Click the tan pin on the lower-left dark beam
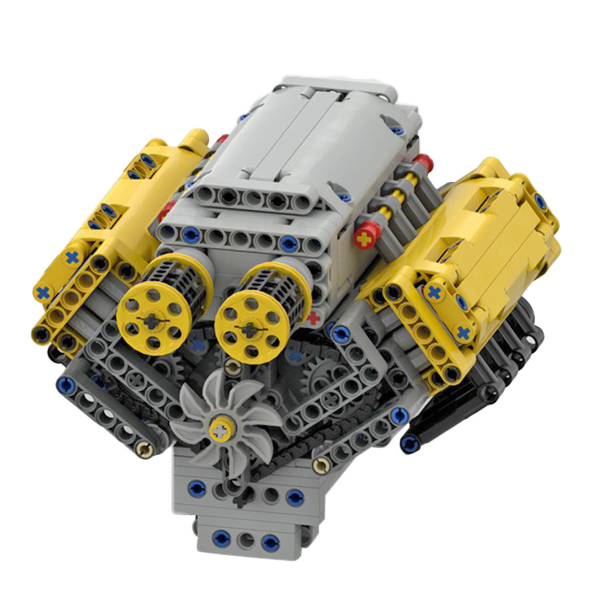point(145,450)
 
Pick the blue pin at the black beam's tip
point(409,441)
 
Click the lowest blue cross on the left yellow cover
point(42,292)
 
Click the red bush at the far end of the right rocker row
point(423,163)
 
